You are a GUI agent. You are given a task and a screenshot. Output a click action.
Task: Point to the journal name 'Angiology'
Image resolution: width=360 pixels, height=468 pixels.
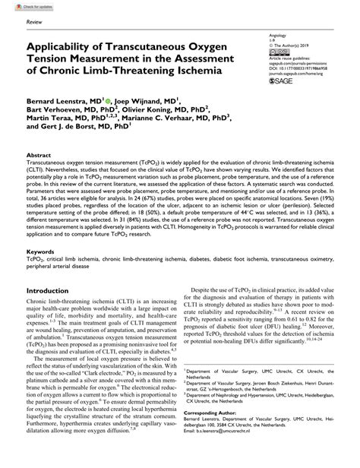(x=269, y=35)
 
